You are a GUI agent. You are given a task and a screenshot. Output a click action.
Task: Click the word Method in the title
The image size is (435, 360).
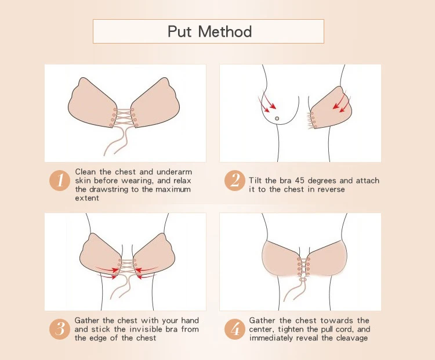click(x=225, y=31)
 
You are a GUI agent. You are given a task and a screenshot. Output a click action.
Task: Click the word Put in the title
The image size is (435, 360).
click(x=179, y=31)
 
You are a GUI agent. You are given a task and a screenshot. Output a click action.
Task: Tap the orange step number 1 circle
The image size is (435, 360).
click(x=60, y=181)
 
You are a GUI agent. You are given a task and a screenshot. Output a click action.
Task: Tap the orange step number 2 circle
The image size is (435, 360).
click(x=235, y=181)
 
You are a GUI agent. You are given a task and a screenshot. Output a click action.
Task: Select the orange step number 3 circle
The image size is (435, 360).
click(x=60, y=329)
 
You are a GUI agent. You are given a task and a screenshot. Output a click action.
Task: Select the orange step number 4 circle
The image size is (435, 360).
click(x=235, y=329)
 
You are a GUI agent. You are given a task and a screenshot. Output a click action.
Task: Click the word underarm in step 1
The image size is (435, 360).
click(x=174, y=172)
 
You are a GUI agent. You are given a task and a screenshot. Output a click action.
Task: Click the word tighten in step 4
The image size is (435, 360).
click(x=292, y=329)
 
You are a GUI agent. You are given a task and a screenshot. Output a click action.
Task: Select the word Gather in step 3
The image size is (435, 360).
click(x=87, y=321)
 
